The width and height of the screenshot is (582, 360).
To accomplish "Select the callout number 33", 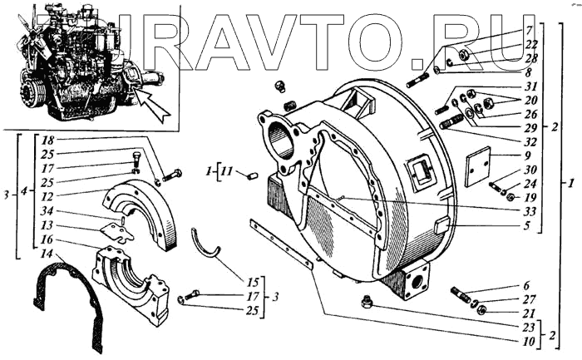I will [529, 211].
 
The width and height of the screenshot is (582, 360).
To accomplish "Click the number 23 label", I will [529, 328].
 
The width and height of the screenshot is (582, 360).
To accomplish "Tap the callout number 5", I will [529, 224].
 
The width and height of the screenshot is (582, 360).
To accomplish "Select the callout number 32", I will [529, 141].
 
